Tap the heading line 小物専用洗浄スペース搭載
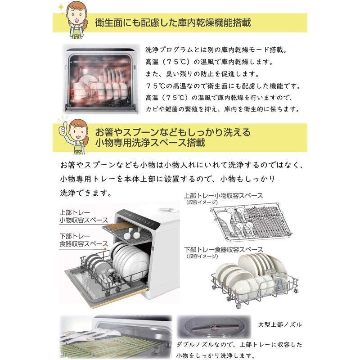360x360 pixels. tap(150, 144)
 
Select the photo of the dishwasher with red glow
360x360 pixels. tap(99, 78)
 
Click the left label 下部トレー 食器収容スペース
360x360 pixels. tap(83, 239)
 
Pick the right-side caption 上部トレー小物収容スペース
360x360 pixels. tap(223, 196)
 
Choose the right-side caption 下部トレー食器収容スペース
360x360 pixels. tap(223, 249)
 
